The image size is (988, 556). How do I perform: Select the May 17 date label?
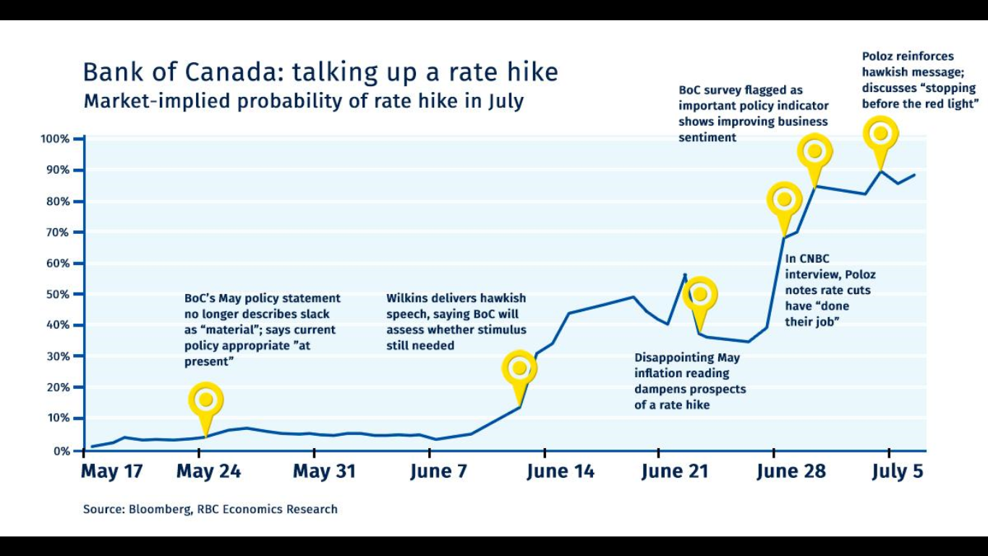[111, 472]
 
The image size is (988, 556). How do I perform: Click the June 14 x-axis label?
[561, 472]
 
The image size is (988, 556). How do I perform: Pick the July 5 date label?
[898, 472]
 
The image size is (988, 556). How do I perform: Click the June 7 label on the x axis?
[439, 472]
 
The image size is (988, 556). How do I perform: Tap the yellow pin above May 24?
[206, 400]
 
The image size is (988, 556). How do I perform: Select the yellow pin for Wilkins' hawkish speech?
[519, 368]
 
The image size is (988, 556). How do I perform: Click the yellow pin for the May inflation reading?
[699, 294]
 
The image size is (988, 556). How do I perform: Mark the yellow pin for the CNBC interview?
[784, 200]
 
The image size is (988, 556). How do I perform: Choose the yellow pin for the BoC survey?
[814, 151]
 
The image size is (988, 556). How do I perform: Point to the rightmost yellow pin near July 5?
[880, 133]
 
